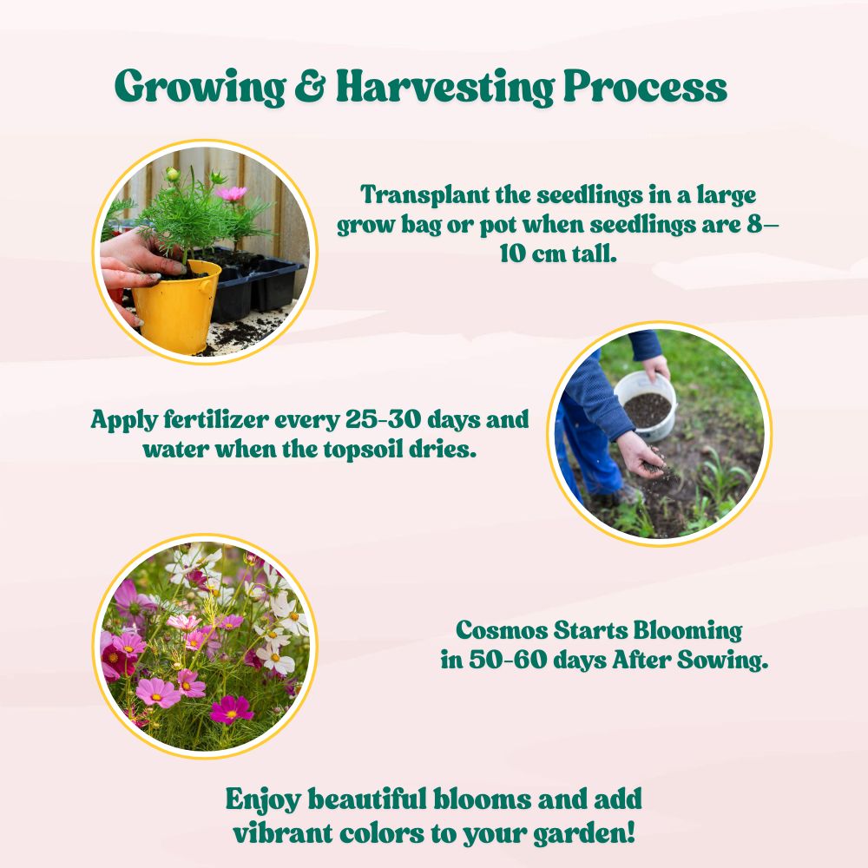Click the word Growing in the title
click(x=200, y=88)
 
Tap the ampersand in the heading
click(x=310, y=86)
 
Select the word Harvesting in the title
click(x=444, y=88)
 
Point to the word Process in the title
click(x=645, y=86)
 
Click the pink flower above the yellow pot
click(x=231, y=194)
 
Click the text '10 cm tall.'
click(x=558, y=253)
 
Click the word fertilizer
click(x=216, y=419)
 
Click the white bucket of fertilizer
click(x=646, y=406)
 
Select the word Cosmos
click(x=502, y=630)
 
